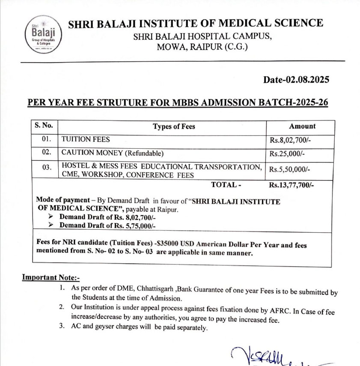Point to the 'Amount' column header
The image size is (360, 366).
302,126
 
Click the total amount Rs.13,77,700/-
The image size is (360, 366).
292,185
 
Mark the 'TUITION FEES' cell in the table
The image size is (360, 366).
86,139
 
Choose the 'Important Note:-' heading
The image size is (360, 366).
51,277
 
